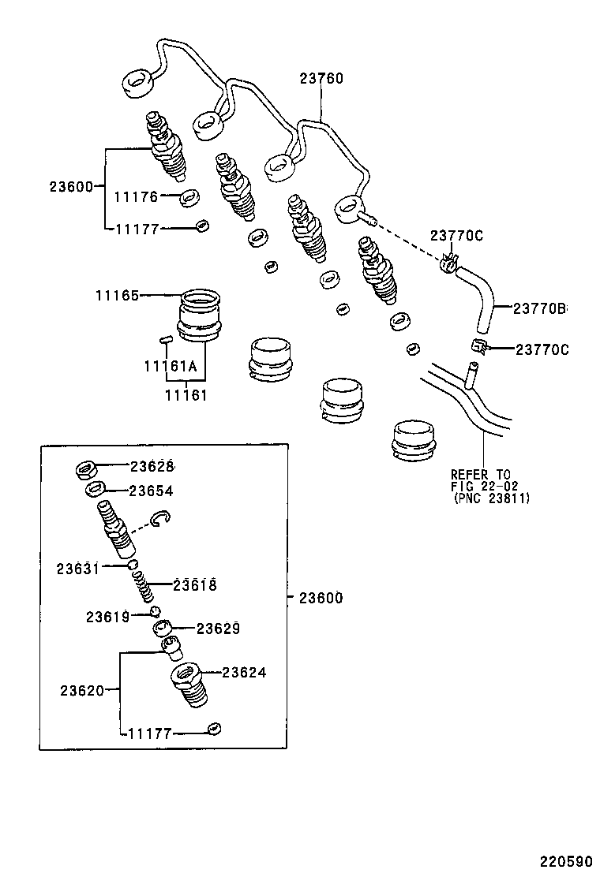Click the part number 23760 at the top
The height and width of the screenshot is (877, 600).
(321, 79)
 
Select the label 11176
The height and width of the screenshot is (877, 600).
(137, 197)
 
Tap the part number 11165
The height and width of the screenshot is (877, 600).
(118, 296)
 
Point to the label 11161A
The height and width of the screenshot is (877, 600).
(170, 367)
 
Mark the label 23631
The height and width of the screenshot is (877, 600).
(78, 568)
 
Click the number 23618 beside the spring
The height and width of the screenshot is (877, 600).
(194, 585)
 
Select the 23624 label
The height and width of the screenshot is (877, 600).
(244, 673)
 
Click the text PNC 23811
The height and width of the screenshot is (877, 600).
(491, 498)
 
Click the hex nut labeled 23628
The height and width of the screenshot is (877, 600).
(86, 470)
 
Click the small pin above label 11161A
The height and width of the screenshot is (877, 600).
(165, 340)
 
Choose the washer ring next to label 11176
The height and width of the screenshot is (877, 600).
(189, 197)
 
